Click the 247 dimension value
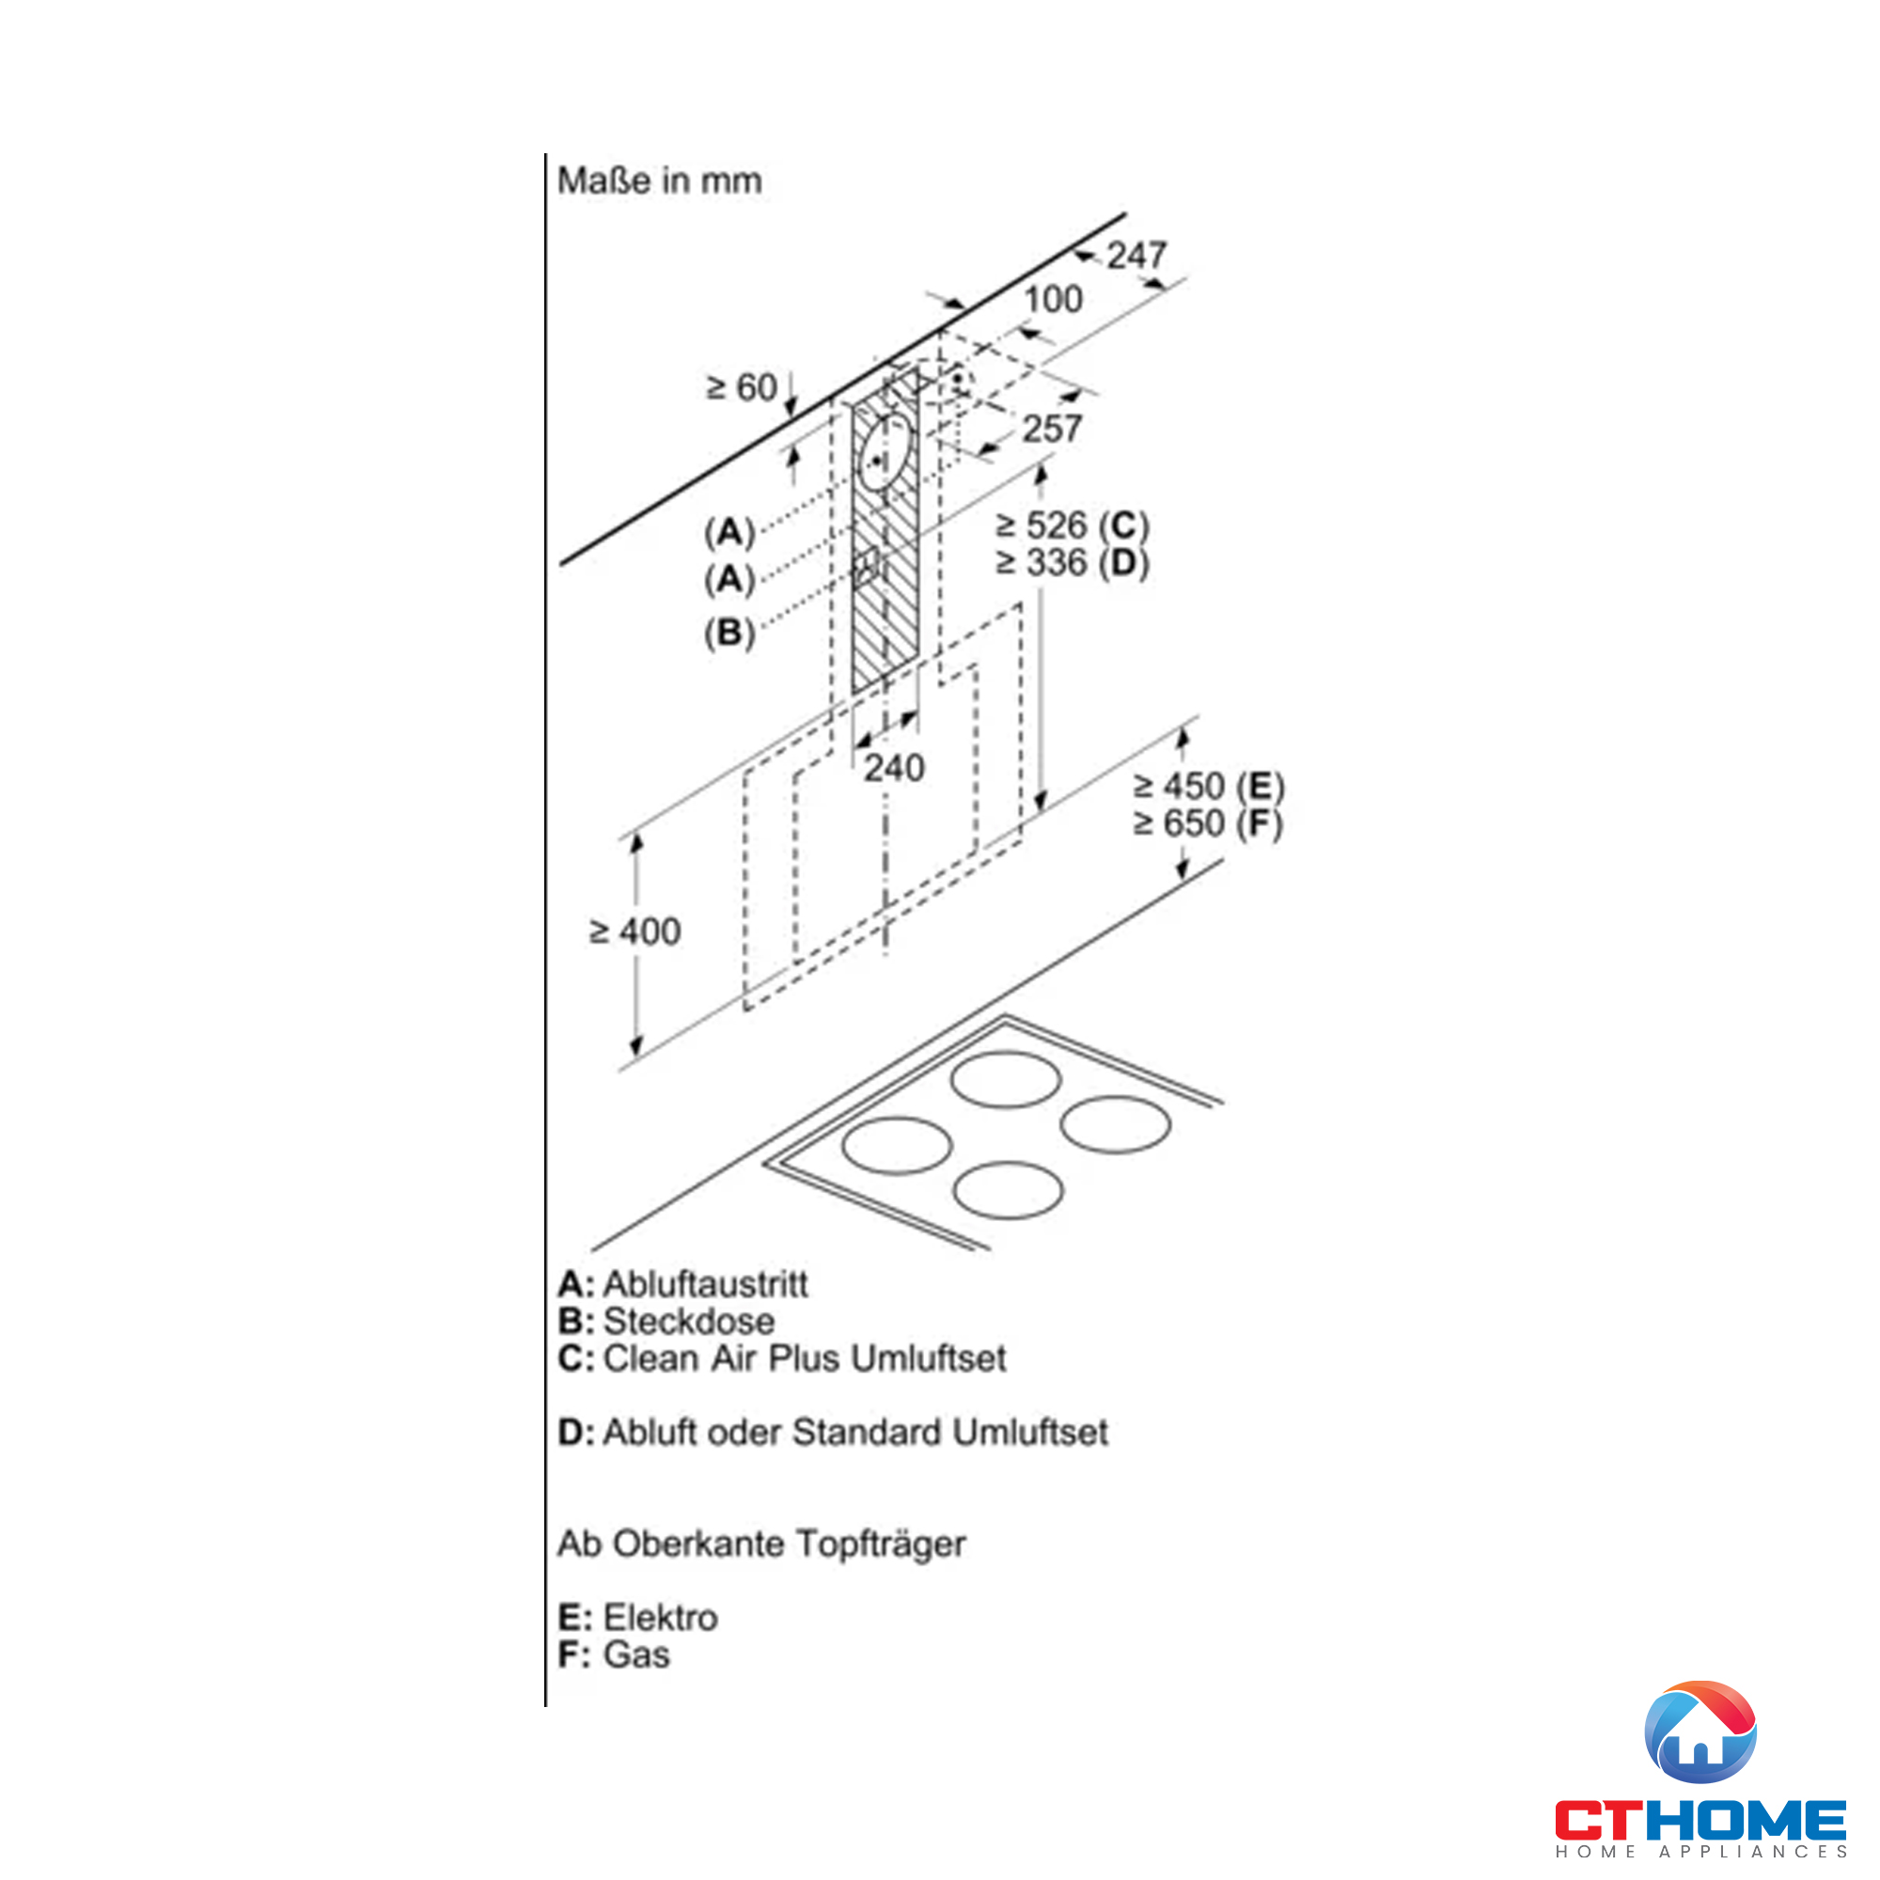coord(1136,256)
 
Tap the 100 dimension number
coord(1053,300)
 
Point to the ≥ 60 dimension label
coord(742,387)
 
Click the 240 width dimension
coord(893,769)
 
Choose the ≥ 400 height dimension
coord(635,932)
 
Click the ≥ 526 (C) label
coord(1072,525)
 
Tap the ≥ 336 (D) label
coord(1072,563)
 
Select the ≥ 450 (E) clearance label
coord(1209,786)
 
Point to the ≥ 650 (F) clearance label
coord(1209,824)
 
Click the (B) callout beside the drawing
coord(728,634)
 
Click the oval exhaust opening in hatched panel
coord(885,452)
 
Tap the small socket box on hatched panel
coord(865,565)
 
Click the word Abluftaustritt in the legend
coord(706,1284)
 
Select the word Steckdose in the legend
coord(689,1322)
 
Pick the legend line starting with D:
coord(833,1433)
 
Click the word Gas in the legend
coord(636,1654)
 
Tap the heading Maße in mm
coord(659,181)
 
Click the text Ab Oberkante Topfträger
coord(761,1543)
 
